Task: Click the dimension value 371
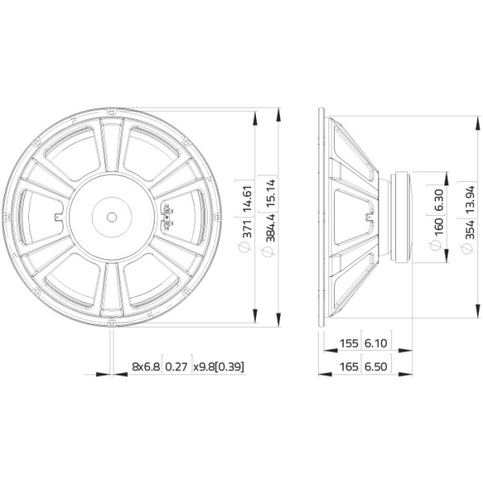click(247, 229)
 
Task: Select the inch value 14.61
click(247, 200)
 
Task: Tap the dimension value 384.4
click(270, 228)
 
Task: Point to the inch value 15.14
click(270, 193)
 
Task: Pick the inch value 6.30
click(439, 200)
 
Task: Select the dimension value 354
click(469, 229)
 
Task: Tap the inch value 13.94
click(469, 200)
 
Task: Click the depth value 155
click(349, 343)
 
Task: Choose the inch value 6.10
click(376, 343)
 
